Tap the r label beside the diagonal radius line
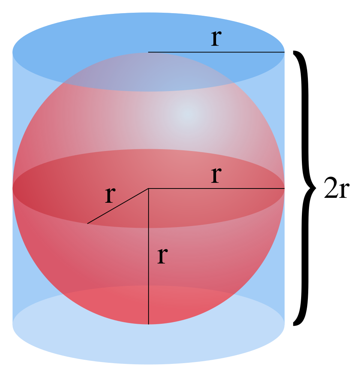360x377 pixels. tap(109, 196)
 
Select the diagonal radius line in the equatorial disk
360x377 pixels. tap(118, 206)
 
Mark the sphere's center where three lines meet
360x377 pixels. tap(148, 188)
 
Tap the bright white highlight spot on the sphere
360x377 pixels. tap(187, 113)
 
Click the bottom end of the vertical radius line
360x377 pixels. tap(148, 324)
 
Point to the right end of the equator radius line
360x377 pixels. tap(284, 188)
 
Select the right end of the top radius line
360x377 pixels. tap(284, 52)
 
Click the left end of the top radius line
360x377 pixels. tap(149, 52)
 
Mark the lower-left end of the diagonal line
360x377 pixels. tap(88, 223)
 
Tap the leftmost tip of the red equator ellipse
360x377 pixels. tap(13, 188)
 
